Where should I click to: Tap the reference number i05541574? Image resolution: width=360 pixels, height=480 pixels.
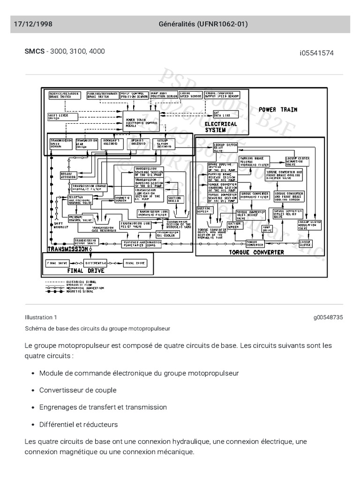tap(317, 53)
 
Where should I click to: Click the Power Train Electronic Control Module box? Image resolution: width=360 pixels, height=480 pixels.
tap(141, 122)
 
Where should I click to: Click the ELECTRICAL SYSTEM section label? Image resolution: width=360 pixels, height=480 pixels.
tap(221, 127)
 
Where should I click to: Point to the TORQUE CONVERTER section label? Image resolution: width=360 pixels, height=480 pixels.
tap(256, 252)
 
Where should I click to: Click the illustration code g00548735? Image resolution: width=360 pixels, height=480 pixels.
tap(328, 317)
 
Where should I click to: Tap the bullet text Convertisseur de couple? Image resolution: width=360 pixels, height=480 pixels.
tap(78, 390)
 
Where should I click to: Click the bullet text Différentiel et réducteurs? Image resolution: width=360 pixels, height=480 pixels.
tap(79, 424)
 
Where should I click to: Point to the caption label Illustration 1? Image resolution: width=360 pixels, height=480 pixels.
tap(41, 317)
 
